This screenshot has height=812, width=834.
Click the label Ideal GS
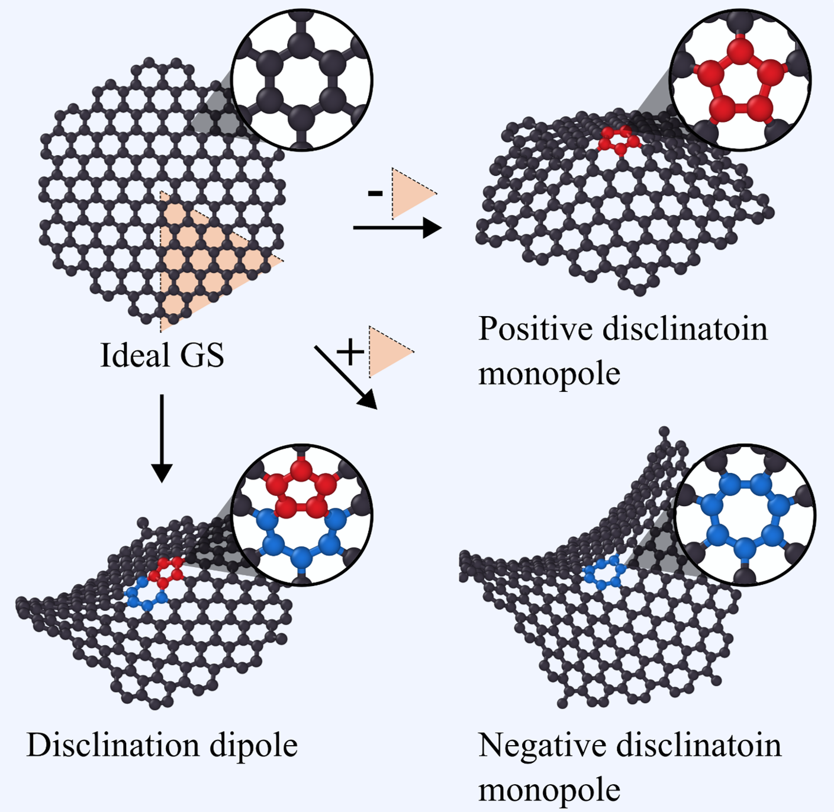click(x=162, y=355)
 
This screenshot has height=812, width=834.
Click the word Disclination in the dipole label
click(x=113, y=745)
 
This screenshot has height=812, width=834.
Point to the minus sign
click(x=375, y=194)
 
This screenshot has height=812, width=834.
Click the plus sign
click(x=350, y=352)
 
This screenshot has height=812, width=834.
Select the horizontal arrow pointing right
click(x=397, y=227)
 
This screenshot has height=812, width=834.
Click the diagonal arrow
click(x=346, y=377)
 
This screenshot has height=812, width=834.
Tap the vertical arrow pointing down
click(x=162, y=439)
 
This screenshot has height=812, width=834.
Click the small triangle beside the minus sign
click(x=413, y=194)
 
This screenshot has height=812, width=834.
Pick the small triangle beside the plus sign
click(x=391, y=352)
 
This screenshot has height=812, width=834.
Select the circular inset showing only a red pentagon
click(x=740, y=80)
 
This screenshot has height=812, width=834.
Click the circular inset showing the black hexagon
click(x=302, y=80)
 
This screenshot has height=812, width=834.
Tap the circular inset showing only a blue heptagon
click(x=745, y=515)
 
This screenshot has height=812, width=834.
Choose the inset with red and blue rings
click(x=302, y=515)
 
